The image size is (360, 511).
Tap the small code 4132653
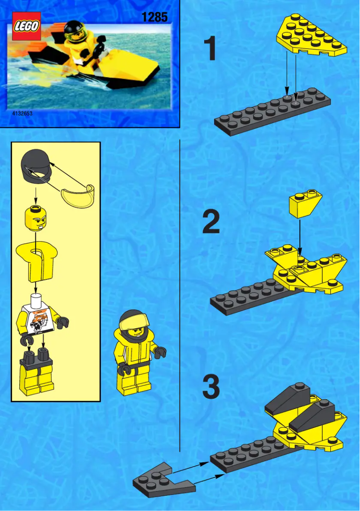(x=22, y=114)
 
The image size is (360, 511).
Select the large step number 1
(x=210, y=49)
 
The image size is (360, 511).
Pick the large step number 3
(x=211, y=387)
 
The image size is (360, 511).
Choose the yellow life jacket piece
(x=35, y=260)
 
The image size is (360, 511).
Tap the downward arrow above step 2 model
(x=300, y=238)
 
